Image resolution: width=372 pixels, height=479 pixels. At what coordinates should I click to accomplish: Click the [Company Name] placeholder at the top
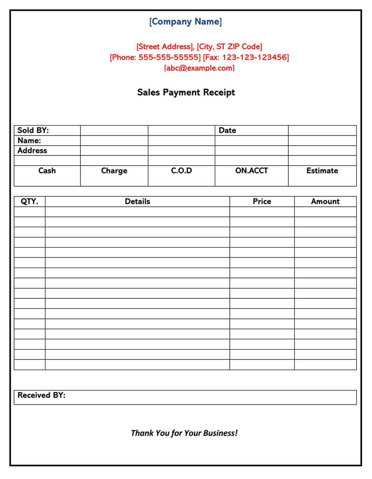point(186,21)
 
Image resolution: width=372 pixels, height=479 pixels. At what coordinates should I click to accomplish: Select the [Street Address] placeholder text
point(165,47)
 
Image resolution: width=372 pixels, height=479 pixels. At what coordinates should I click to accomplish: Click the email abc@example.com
point(199,68)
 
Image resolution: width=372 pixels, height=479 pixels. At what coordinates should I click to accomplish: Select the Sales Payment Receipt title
point(186,92)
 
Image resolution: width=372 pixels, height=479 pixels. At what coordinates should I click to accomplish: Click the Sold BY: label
point(33,130)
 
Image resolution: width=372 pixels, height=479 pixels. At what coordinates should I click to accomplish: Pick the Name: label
point(29,141)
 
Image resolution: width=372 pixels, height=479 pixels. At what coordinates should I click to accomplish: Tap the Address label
point(32,151)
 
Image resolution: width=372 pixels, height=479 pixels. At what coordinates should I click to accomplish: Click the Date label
point(227,130)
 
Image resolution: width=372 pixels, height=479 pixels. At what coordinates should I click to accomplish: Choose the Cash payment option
point(47,171)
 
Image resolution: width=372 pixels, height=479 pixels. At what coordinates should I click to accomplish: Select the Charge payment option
point(114,171)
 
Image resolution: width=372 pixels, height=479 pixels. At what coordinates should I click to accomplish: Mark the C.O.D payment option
point(181,171)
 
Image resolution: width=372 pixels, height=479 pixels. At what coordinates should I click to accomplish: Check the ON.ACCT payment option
point(252,171)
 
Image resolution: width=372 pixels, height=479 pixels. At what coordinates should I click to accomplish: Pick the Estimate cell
point(322,171)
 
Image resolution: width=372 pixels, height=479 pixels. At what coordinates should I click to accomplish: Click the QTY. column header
point(30,202)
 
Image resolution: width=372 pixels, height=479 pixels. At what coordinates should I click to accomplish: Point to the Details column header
point(137,202)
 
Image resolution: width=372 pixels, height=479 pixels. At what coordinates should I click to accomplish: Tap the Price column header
point(262,202)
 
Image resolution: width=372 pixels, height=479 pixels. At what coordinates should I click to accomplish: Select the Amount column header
point(325,202)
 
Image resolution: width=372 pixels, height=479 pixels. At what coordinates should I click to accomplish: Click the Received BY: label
point(41,395)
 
